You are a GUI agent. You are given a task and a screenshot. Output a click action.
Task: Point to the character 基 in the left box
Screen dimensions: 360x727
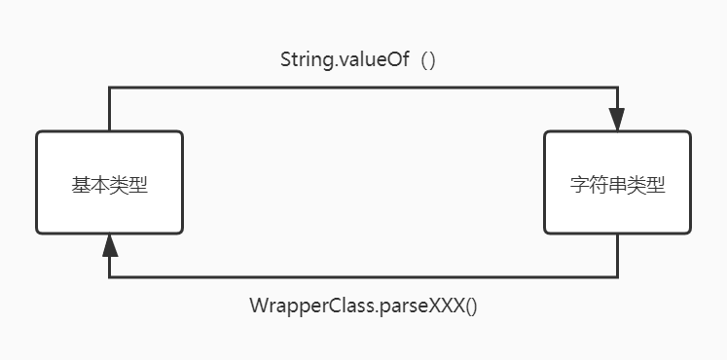[x=81, y=185]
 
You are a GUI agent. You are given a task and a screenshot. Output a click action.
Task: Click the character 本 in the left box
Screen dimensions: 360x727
[x=100, y=185]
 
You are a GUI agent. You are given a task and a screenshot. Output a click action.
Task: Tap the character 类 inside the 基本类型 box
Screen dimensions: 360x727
[x=120, y=185]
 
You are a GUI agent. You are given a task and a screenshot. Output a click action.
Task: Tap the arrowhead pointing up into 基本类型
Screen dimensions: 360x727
[x=109, y=245]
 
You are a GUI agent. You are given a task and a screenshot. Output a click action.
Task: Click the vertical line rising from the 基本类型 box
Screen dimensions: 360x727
[x=109, y=109]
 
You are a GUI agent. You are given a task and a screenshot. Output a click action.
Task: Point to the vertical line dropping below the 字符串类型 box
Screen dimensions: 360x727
[x=617, y=256]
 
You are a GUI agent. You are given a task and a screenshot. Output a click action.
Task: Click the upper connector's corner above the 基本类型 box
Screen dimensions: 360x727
[x=109, y=88]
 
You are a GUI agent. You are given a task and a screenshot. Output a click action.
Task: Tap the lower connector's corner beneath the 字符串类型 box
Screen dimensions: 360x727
[x=617, y=277]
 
